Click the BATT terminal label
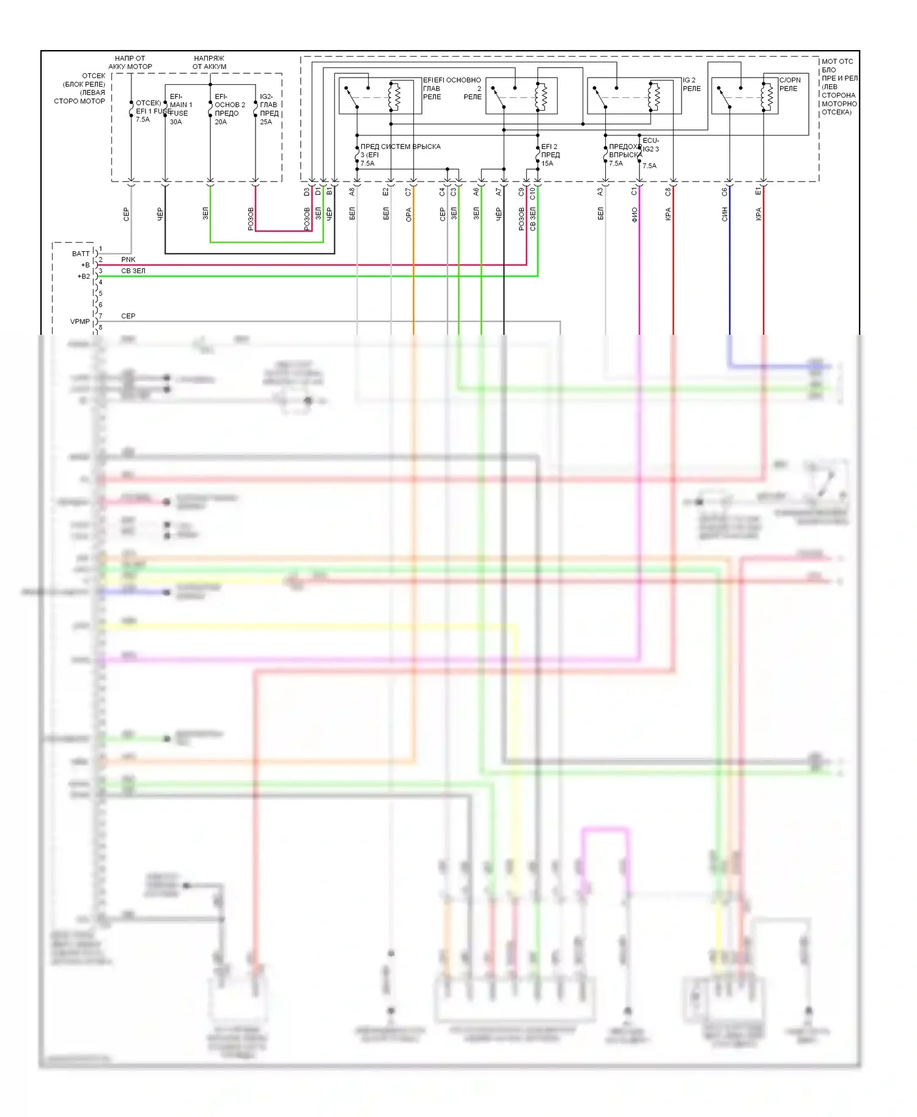click(x=81, y=254)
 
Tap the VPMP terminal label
click(x=79, y=321)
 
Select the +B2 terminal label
click(x=83, y=276)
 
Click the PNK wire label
click(x=128, y=260)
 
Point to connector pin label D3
click(x=307, y=192)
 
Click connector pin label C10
click(x=532, y=193)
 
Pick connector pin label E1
click(x=758, y=192)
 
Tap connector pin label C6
click(x=724, y=192)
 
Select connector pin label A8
click(x=352, y=192)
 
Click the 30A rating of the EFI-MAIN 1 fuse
click(x=175, y=122)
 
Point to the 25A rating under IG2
click(x=266, y=122)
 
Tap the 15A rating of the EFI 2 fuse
click(x=547, y=164)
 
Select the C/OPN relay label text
click(x=789, y=84)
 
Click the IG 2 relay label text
click(x=691, y=84)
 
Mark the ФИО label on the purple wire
click(x=634, y=214)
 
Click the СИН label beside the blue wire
click(x=724, y=214)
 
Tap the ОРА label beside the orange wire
click(x=408, y=214)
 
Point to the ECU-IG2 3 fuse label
click(x=650, y=145)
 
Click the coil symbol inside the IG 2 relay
click(x=656, y=96)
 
